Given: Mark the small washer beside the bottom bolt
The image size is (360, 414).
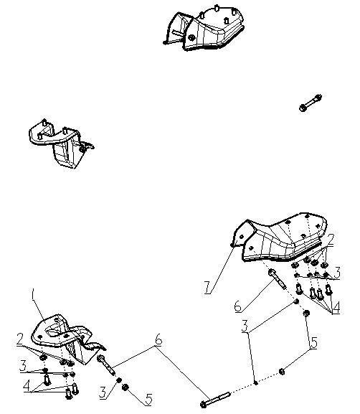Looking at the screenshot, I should (x=255, y=382).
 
